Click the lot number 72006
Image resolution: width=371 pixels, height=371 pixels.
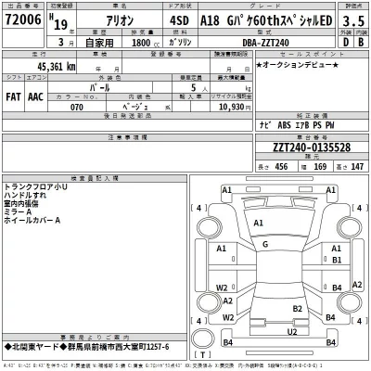click(x=23, y=19)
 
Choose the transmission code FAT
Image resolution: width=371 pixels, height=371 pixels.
click(x=16, y=95)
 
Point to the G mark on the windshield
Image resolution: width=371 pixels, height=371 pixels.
click(x=265, y=244)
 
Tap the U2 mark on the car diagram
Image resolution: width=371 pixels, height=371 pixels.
click(x=291, y=331)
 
